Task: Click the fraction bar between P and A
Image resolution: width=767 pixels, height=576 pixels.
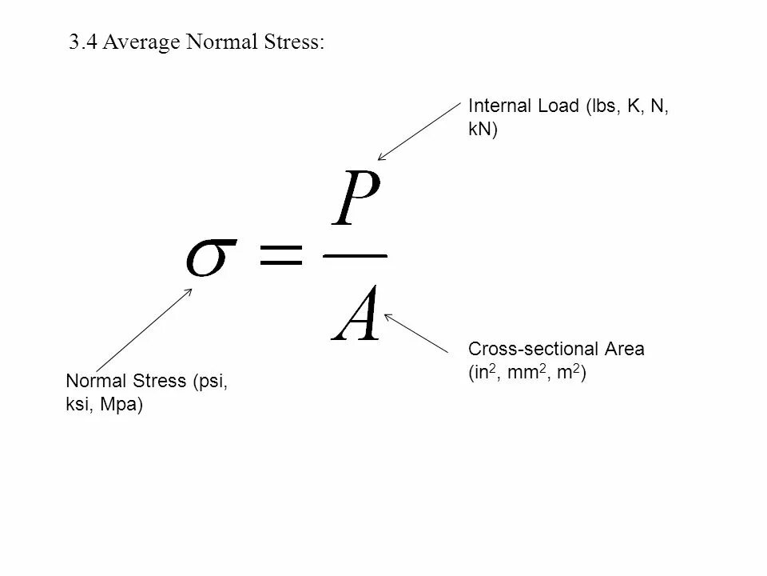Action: (355, 257)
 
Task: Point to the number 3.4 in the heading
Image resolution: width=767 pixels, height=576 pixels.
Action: (82, 43)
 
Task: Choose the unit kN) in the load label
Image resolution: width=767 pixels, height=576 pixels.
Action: (483, 130)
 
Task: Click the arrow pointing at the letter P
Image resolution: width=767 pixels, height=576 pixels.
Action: (419, 131)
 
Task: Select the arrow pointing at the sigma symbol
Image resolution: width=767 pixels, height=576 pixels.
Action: (143, 328)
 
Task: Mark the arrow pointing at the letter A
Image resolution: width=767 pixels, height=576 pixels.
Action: (415, 332)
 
